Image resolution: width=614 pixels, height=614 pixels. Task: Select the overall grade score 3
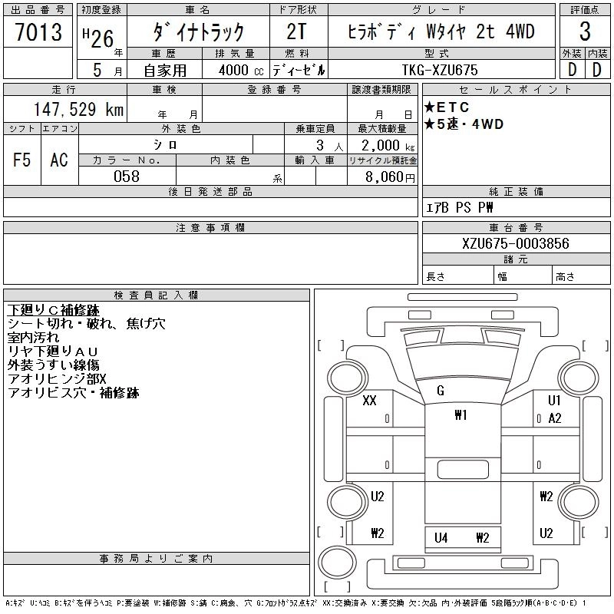585,32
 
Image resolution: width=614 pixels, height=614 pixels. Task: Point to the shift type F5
21,160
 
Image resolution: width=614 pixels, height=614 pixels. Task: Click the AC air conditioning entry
59,160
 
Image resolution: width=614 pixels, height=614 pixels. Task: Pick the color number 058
127,177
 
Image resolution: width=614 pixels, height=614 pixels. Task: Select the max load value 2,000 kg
383,145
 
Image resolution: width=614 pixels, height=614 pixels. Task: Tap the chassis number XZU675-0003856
515,243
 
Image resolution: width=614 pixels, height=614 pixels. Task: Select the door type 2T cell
296,32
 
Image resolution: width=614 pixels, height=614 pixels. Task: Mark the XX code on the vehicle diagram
369,401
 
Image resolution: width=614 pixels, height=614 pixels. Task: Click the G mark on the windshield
440,391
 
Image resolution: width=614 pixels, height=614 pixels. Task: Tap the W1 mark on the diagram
460,415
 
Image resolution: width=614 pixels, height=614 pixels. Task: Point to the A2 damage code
555,418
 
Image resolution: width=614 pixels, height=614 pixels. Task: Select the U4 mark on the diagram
441,538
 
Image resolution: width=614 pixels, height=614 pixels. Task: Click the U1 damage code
554,401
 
